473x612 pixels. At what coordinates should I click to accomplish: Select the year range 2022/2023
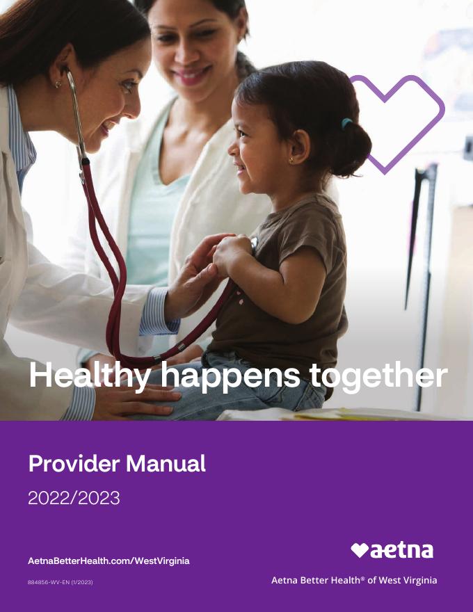[x=74, y=498]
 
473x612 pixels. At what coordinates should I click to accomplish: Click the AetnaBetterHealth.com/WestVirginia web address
[x=109, y=561]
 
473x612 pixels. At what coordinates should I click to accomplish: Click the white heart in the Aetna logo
[x=360, y=550]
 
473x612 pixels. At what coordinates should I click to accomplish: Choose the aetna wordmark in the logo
[x=402, y=550]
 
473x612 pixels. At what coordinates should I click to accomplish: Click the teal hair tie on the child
[x=346, y=123]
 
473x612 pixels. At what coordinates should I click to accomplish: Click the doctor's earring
[x=58, y=84]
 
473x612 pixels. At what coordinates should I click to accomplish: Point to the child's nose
[x=232, y=147]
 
